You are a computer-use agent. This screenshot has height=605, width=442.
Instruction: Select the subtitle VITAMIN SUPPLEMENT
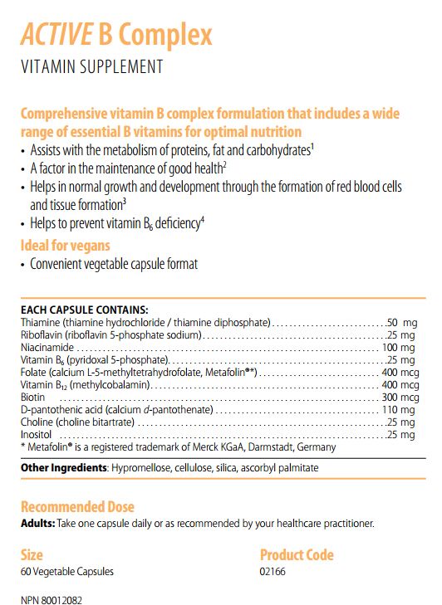[x=91, y=67]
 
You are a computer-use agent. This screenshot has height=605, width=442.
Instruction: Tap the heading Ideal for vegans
[x=65, y=246]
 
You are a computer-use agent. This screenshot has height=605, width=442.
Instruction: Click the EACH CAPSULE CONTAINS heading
[x=84, y=309]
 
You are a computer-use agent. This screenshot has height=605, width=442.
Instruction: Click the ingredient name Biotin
[x=33, y=398]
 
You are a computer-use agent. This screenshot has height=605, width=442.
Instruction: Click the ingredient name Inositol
[x=36, y=435]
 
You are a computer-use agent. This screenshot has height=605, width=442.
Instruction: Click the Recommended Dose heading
[x=77, y=506]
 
